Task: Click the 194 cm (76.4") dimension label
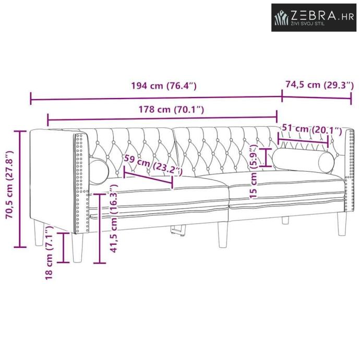pyautogui.click(x=164, y=86)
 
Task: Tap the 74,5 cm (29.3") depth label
pyautogui.click(x=320, y=85)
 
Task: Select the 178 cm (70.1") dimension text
pyautogui.click(x=171, y=110)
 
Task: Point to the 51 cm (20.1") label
pyautogui.click(x=312, y=129)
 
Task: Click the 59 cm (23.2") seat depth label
pyautogui.click(x=153, y=165)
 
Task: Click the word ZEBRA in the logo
pyautogui.click(x=314, y=16)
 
